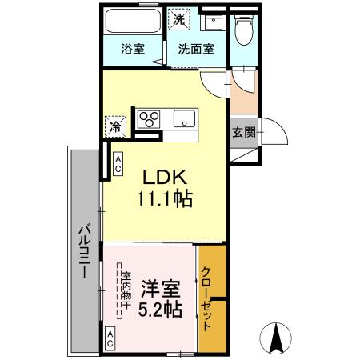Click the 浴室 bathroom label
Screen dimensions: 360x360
[x=133, y=48]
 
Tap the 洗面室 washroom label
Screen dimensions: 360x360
[x=196, y=48]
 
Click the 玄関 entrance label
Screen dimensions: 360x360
[x=245, y=132]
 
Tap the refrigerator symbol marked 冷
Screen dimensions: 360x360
[x=116, y=126]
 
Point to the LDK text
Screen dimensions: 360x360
[x=166, y=176]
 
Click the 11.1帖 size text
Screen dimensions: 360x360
[x=166, y=199]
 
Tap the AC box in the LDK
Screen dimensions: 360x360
[x=118, y=164]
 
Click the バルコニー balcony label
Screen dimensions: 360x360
[x=82, y=253]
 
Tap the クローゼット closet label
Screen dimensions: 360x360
[x=209, y=298]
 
